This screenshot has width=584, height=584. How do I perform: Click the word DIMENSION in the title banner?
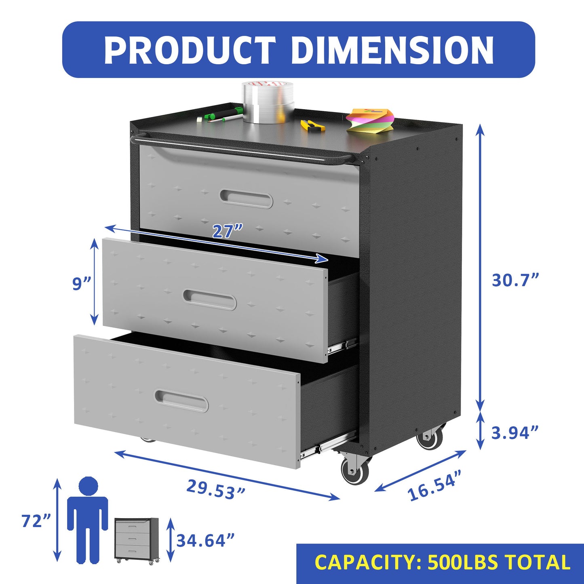pos(392,50)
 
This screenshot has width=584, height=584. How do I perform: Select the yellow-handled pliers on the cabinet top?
pos(312,125)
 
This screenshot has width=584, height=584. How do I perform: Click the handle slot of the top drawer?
pos(247,198)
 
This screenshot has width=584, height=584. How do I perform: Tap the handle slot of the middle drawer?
pos(209,299)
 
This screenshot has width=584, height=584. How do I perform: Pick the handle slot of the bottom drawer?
pos(181,401)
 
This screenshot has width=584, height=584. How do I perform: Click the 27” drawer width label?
pos(228,231)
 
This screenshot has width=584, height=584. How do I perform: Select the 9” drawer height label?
pos(82,283)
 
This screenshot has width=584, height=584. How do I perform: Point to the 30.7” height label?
pos(515,280)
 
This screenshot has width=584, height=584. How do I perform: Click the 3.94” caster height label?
pos(515,432)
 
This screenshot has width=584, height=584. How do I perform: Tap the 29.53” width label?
pos(216,489)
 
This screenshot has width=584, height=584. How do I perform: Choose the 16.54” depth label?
pos(434,485)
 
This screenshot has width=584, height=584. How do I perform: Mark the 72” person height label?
pos(37,521)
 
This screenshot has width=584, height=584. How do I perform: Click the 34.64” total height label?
pos(205,540)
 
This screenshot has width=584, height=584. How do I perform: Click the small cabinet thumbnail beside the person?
pos(137,540)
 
